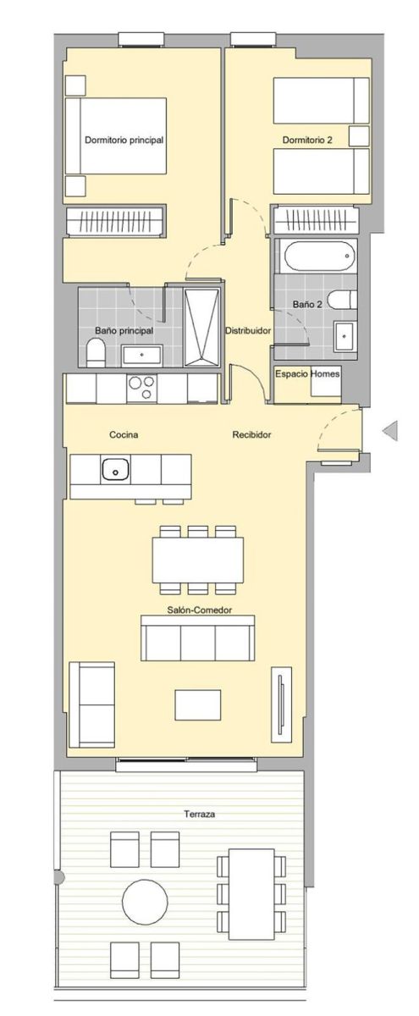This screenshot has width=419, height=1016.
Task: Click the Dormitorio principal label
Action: [x=124, y=141]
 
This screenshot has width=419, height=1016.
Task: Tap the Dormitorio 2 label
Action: [x=307, y=141]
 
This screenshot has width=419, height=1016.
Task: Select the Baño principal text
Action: [x=124, y=331]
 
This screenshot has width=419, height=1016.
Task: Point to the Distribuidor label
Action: [x=248, y=331]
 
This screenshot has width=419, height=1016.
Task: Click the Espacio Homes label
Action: [x=307, y=373]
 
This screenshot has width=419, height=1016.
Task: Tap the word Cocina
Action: [x=124, y=434]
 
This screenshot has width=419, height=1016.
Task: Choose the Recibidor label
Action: [x=251, y=434]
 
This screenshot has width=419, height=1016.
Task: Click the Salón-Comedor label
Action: [x=199, y=610]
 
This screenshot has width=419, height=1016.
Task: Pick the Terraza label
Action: [x=200, y=814]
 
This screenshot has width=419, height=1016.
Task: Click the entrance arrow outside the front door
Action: [x=391, y=430]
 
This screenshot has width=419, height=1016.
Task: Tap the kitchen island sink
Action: [x=115, y=469]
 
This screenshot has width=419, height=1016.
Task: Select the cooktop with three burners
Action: [x=141, y=389]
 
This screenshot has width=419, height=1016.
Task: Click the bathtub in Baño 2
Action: [x=318, y=256]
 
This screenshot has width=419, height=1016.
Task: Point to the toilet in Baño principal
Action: [x=96, y=354]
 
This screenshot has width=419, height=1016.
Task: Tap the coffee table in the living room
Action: [x=198, y=704]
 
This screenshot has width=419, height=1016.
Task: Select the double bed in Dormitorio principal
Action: [x=116, y=135]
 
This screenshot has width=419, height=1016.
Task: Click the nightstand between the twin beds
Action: [x=359, y=136]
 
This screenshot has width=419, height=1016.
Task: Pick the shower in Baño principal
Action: [x=201, y=328]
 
